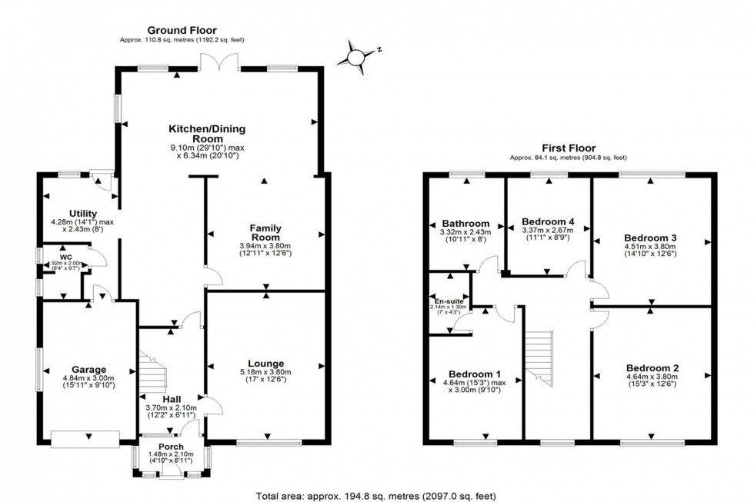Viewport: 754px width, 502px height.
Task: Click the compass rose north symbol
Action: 355,56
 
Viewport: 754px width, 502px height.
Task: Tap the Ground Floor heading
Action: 182,29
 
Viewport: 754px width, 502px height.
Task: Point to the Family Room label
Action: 265,228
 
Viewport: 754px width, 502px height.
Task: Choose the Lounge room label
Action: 266,363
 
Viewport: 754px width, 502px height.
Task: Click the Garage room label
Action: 89,369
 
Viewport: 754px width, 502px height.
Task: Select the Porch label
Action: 171,447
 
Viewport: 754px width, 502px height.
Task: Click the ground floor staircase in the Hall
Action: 154,369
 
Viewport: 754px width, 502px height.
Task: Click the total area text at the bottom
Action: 377,494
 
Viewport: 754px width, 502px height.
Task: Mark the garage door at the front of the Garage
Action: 85,439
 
